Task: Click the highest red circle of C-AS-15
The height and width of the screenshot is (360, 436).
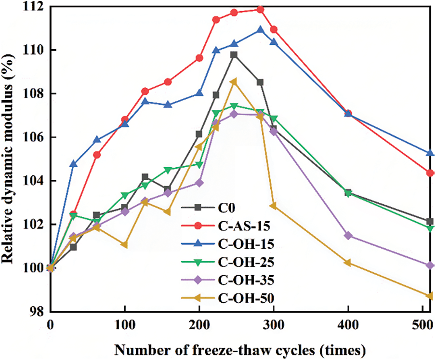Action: [261, 9]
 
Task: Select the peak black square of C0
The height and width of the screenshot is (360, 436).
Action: [234, 55]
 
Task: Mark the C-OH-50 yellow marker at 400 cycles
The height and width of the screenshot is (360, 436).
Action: [347, 263]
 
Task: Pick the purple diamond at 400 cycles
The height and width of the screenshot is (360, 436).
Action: [348, 236]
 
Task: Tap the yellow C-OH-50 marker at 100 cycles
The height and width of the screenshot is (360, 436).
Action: [125, 245]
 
